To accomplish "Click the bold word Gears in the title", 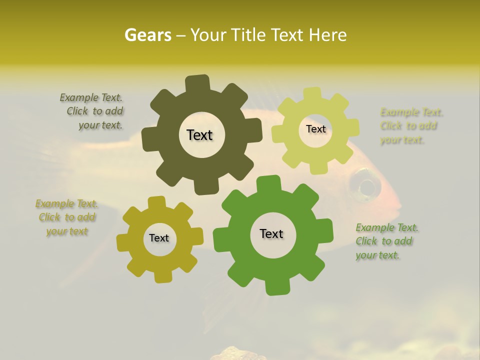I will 148,35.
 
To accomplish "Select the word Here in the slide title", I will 328,35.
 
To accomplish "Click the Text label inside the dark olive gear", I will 199,135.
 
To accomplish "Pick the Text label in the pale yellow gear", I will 315,129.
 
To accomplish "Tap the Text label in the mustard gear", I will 159,238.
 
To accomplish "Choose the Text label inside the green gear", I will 271,233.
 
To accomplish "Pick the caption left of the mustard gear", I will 66,217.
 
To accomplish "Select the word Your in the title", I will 208,35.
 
